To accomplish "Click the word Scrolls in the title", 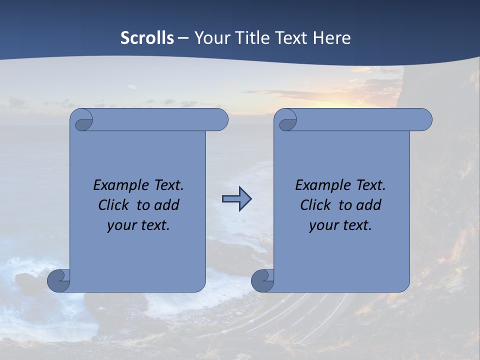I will (147, 38).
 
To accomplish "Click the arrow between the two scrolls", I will (236, 199).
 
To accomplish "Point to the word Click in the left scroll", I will (114, 205).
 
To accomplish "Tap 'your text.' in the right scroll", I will (340, 225).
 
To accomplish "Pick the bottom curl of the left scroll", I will (59, 281).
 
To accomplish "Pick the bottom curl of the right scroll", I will (262, 281).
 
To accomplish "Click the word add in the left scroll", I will (167, 205).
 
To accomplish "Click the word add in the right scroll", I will (369, 205).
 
